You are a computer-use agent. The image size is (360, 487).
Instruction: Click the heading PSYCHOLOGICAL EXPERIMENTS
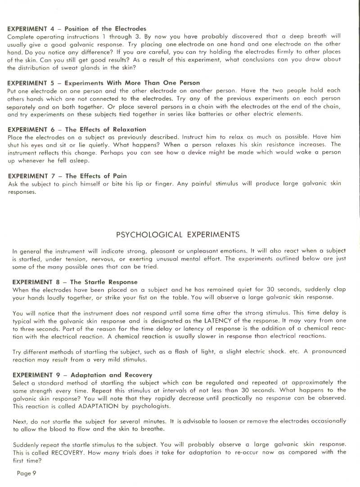coord(178,235)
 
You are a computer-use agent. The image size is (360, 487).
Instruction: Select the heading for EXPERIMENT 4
coord(77,29)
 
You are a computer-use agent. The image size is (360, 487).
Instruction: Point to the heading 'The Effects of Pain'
coord(67,176)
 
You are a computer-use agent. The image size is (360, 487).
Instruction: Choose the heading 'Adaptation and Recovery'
coord(82,375)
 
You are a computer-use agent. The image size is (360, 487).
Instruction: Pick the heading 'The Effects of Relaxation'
coord(77,129)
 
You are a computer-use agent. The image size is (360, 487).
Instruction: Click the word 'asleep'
coord(79,160)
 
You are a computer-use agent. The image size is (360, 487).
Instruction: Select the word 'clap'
coord(340,290)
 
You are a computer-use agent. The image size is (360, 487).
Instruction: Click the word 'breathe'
coord(148,429)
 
